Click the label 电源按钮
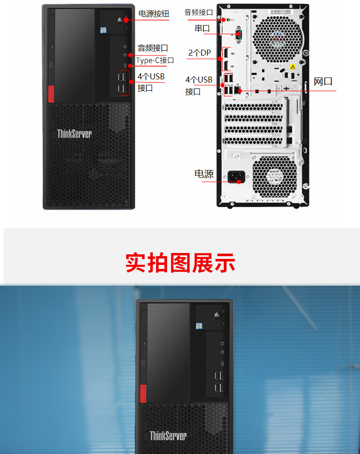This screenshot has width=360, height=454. (x=154, y=14)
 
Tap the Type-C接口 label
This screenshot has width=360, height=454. (x=155, y=60)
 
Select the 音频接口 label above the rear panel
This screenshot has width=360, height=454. (x=199, y=12)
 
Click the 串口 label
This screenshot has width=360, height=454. (x=202, y=28)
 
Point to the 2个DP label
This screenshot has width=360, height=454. (x=200, y=53)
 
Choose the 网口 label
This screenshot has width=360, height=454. (x=323, y=82)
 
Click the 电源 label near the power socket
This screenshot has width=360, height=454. (x=204, y=174)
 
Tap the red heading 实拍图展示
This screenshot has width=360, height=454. (x=180, y=263)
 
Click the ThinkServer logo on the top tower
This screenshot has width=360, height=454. (x=74, y=134)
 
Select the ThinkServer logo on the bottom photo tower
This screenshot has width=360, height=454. (x=168, y=436)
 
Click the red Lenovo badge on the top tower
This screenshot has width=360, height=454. (x=51, y=93)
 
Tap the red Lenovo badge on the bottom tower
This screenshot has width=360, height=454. (x=142, y=393)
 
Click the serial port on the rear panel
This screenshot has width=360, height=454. (x=238, y=35)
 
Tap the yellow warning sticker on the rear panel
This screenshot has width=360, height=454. (x=293, y=67)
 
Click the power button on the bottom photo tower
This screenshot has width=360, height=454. (x=217, y=315)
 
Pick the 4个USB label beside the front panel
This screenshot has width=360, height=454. (x=151, y=77)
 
